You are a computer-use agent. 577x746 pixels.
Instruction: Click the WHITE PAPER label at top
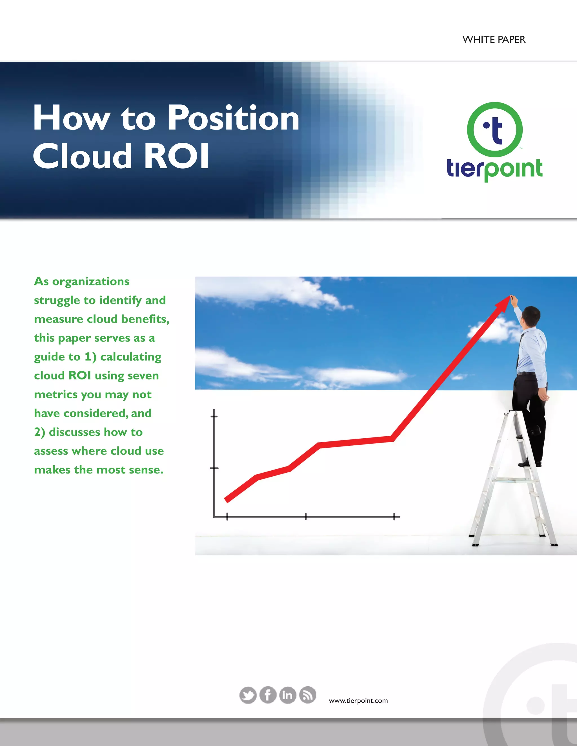click(494, 40)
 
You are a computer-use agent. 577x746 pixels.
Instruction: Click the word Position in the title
click(234, 118)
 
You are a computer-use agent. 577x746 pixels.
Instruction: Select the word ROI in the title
click(176, 156)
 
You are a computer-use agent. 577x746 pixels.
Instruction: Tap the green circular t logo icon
click(495, 129)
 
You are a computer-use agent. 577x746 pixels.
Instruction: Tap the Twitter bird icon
click(248, 695)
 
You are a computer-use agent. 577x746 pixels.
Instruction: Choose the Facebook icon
click(268, 695)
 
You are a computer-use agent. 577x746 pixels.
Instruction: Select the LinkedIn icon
click(287, 695)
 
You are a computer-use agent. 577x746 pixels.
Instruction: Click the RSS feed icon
click(308, 695)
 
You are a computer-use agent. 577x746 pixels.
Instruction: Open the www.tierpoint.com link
click(358, 701)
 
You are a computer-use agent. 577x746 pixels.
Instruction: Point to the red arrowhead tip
click(509, 297)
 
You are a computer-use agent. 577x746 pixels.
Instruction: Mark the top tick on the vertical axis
click(214, 416)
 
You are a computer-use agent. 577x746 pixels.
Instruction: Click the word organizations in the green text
click(91, 282)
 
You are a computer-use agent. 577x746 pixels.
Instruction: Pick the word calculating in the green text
click(130, 357)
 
